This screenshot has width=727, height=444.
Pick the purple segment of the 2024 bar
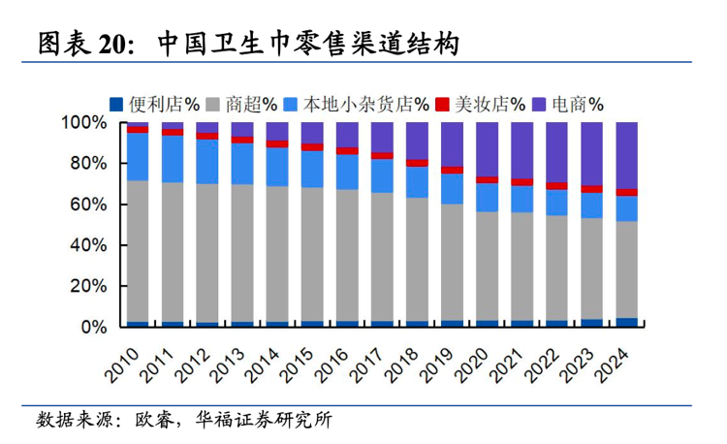pos(627,155)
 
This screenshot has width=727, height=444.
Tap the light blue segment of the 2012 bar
pos(207,161)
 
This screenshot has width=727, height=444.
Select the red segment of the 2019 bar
pos(453,171)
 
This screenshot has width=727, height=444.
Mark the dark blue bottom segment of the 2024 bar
pos(627,323)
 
